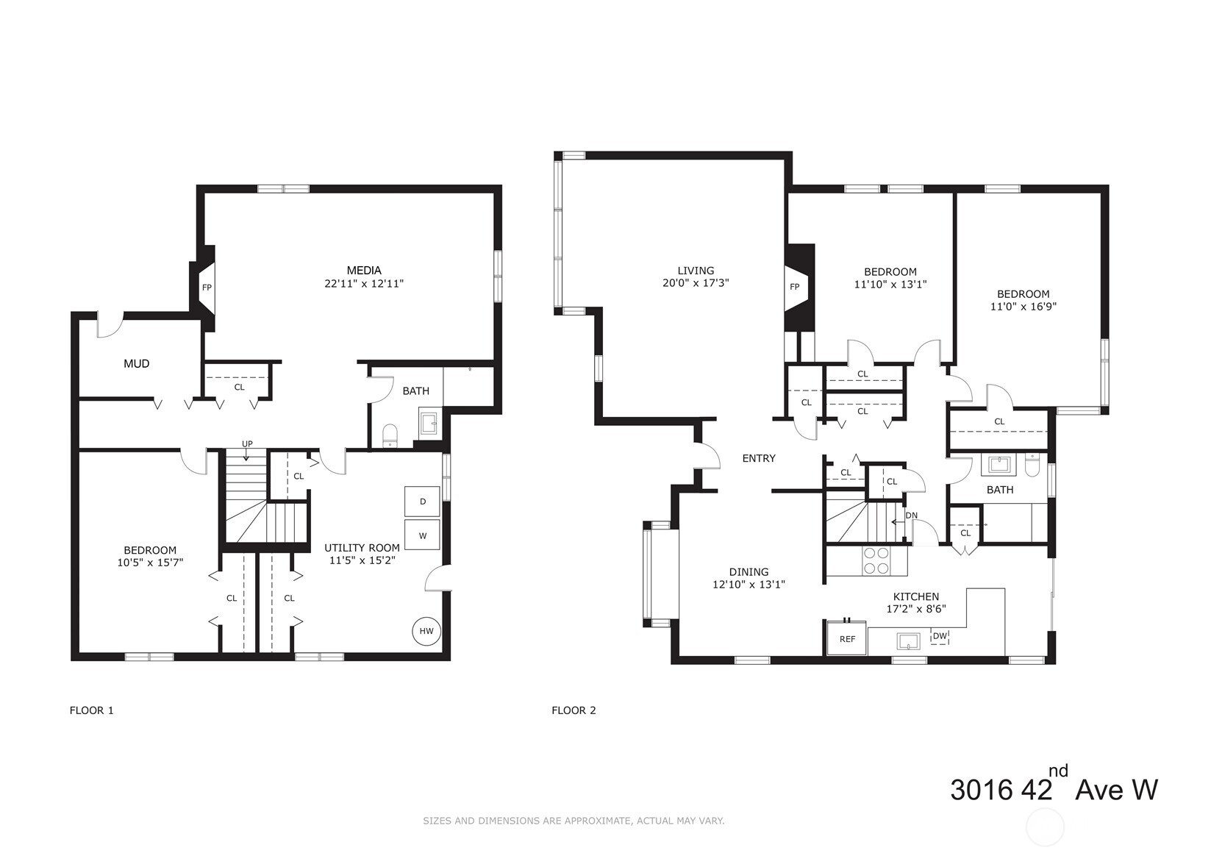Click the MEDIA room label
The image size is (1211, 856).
364,271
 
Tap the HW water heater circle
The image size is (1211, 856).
426,631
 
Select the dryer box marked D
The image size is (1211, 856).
422,502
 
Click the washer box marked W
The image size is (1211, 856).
422,535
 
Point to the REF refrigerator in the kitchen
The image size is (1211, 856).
847,638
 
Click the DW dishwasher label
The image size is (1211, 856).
940,636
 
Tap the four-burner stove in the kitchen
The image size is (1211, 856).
876,561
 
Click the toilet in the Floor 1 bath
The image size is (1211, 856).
390,435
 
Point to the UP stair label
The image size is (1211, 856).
247,444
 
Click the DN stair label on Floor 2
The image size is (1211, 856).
912,516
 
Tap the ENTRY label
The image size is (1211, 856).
759,459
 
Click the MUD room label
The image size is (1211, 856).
136,364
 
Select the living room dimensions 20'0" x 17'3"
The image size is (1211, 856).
696,283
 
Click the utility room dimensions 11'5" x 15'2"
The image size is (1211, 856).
362,560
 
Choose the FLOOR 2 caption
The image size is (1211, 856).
574,710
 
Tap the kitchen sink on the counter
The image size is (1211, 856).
909,641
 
